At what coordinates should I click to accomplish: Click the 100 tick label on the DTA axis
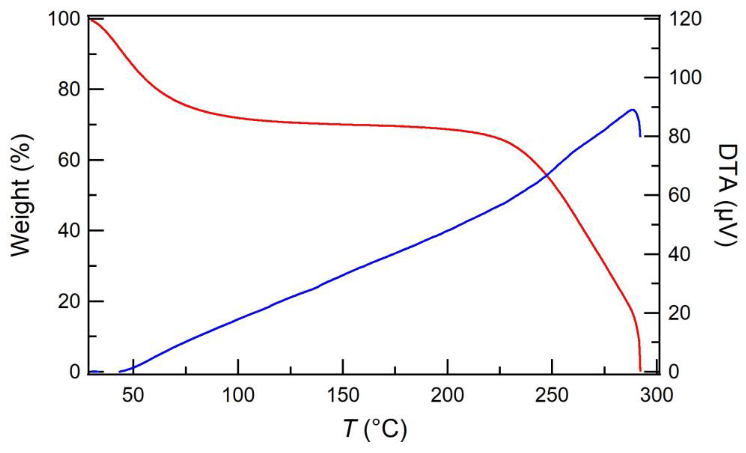[685, 78]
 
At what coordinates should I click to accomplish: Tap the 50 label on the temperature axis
[133, 395]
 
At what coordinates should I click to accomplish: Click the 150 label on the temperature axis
[343, 395]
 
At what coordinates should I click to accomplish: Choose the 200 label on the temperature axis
[448, 395]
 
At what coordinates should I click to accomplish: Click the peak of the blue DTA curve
[632, 110]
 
